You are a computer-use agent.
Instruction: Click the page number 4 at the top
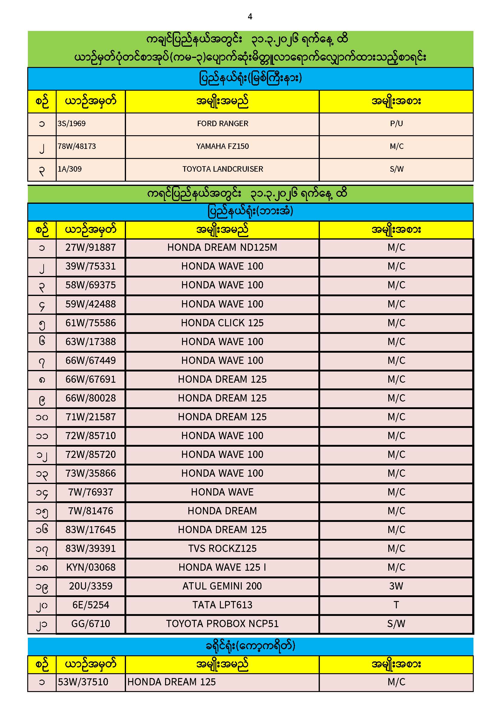[250, 17]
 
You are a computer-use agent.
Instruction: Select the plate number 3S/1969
[71, 123]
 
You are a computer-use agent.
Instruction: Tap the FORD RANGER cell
[222, 123]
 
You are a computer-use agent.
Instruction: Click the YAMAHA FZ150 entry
[222, 146]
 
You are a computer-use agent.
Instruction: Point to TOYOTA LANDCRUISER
[222, 169]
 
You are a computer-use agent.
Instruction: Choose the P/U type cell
[396, 123]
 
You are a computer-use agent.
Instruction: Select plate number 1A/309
[70, 169]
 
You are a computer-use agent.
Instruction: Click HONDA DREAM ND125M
[222, 247]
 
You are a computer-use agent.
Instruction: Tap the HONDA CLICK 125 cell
[222, 323]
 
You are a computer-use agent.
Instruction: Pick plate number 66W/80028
[90, 398]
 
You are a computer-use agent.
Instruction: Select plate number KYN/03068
[90, 567]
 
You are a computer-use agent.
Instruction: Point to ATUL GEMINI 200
[222, 586]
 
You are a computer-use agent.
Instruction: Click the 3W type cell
[396, 586]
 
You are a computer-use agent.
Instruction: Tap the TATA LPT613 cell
[222, 605]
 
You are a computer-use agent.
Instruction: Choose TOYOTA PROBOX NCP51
[222, 624]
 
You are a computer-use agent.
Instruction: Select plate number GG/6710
[90, 624]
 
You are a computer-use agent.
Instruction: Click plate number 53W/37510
[83, 682]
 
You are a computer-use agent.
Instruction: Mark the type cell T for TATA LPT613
[396, 605]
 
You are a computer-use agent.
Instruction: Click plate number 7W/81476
[90, 511]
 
